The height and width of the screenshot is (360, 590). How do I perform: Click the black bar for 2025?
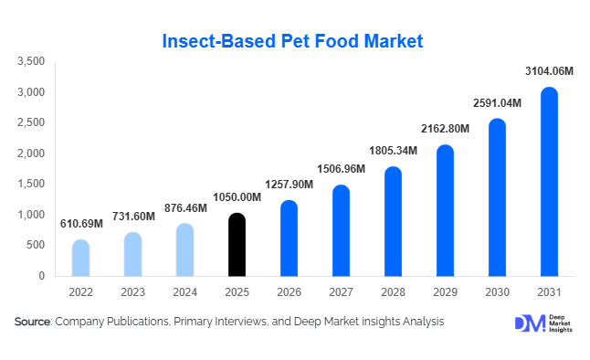click(x=237, y=244)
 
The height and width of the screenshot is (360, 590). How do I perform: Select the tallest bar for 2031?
click(x=548, y=182)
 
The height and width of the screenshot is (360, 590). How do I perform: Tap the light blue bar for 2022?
click(x=80, y=258)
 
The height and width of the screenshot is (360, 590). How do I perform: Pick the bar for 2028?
click(x=392, y=221)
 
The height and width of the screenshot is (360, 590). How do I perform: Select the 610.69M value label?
click(x=80, y=225)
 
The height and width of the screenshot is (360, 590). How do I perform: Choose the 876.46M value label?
click(x=184, y=208)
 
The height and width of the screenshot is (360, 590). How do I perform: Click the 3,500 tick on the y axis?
click(x=31, y=61)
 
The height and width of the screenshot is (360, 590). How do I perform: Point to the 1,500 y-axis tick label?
click(x=31, y=184)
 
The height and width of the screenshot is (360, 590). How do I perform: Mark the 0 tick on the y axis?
click(x=42, y=276)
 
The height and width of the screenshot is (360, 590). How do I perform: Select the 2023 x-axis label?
click(x=132, y=293)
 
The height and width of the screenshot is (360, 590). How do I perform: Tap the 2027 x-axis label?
click(x=340, y=293)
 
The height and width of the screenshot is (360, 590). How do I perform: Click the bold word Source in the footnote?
click(x=32, y=322)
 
